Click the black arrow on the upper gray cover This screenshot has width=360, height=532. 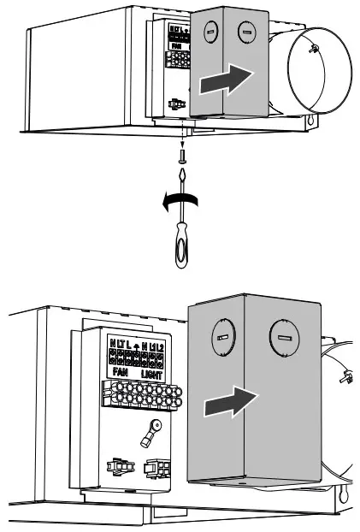pos(227,82)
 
